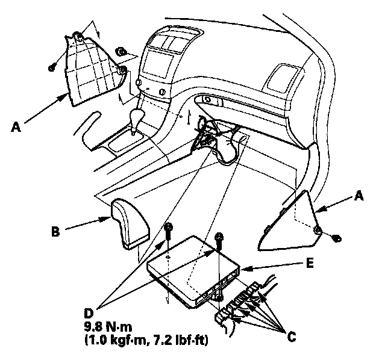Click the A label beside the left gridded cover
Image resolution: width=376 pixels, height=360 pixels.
coord(17,126)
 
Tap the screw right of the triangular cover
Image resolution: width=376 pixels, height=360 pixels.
coord(336,239)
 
